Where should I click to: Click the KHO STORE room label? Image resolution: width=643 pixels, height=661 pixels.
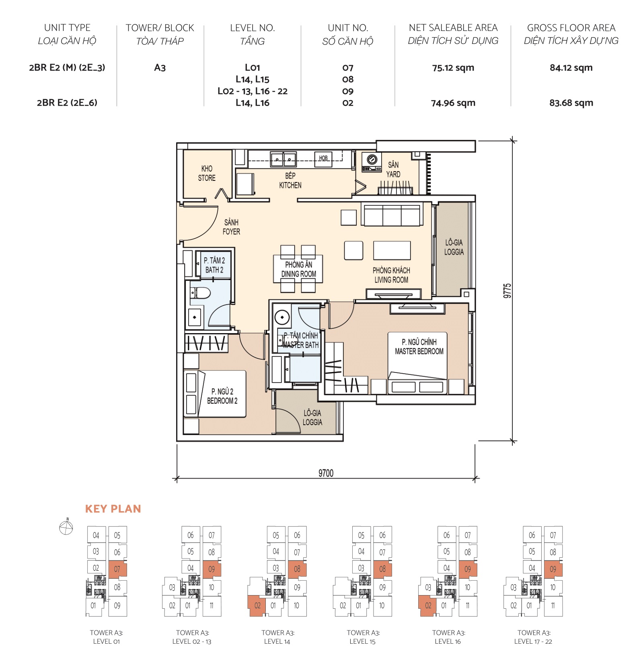(x=207, y=173)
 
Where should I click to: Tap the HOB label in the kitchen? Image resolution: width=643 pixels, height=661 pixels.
(x=323, y=158)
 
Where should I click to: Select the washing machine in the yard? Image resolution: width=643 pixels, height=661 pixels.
(x=372, y=162)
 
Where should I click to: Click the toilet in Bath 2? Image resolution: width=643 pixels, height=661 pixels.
(x=201, y=293)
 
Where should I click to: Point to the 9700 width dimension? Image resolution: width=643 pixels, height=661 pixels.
(x=326, y=473)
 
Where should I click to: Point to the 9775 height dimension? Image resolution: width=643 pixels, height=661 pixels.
(x=507, y=291)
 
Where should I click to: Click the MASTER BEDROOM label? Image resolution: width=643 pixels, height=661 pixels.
(x=419, y=346)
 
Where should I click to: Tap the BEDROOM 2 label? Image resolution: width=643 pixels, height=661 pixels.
(x=222, y=396)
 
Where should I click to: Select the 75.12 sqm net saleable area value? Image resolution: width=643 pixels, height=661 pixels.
(x=453, y=68)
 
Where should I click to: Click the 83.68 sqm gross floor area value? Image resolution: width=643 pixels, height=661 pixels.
(x=571, y=103)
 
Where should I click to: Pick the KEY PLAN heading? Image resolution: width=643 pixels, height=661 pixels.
(x=113, y=509)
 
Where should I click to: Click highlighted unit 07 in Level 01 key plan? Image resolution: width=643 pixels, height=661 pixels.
(x=117, y=569)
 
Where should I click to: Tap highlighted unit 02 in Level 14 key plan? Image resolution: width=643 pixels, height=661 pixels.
(x=257, y=605)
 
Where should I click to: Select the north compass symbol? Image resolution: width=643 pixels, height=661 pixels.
(x=66, y=527)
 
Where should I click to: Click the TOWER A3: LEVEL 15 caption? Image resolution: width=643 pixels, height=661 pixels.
(x=363, y=637)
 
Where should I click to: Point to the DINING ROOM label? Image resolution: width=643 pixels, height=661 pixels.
(x=298, y=269)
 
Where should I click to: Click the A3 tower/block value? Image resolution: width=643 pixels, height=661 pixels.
(x=160, y=68)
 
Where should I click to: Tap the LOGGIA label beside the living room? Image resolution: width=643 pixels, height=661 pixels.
(x=454, y=247)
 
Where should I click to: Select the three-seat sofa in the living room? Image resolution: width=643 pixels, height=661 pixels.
(x=392, y=215)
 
